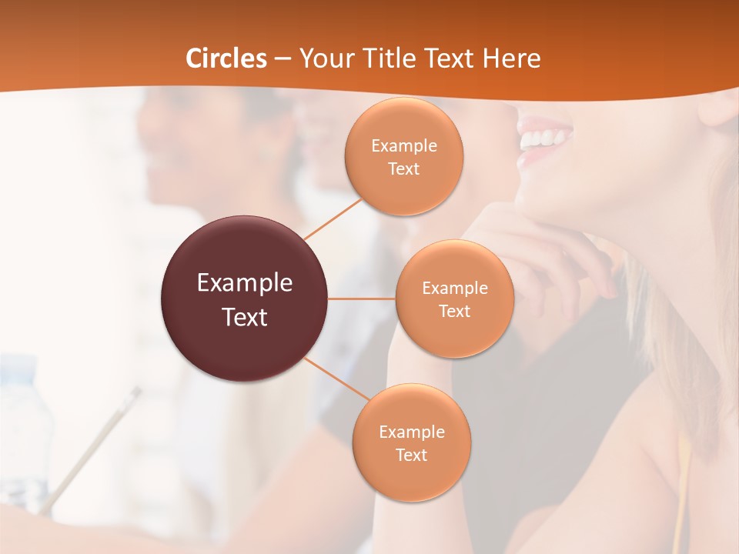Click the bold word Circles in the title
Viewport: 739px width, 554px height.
coord(226,58)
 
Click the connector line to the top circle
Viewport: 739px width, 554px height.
coord(333,219)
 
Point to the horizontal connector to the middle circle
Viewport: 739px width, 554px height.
coord(362,299)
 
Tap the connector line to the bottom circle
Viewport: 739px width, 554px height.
coord(337,378)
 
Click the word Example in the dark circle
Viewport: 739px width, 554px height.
coord(245,283)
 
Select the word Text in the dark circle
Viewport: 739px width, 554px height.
coord(245,317)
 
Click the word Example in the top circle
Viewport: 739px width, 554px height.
coord(404,146)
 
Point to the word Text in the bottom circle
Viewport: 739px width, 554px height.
coord(411,455)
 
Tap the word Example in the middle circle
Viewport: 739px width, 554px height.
coord(454,289)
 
